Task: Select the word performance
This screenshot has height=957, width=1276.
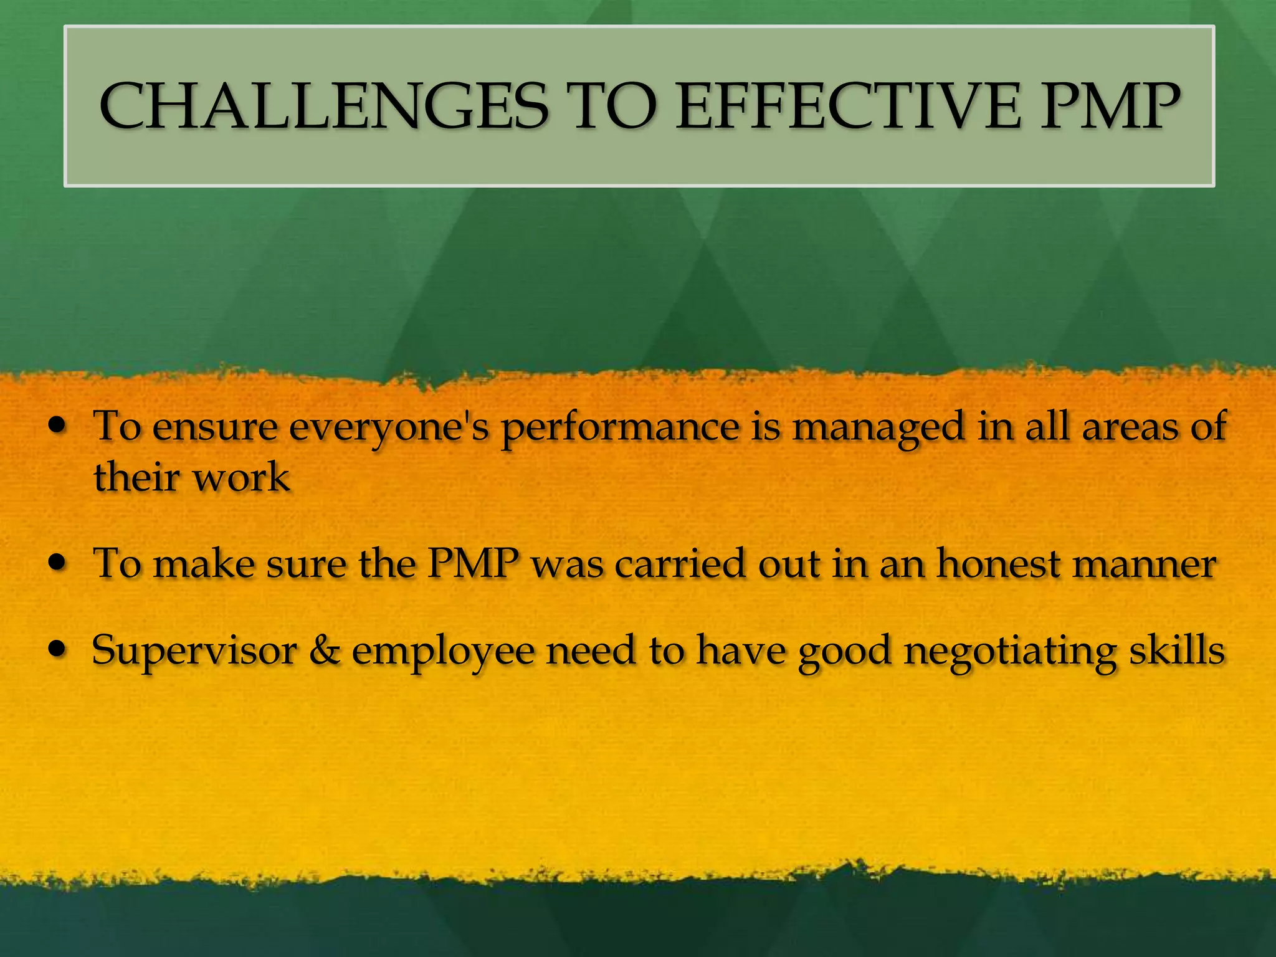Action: [621, 429]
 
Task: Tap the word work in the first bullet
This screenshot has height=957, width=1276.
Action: [240, 478]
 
